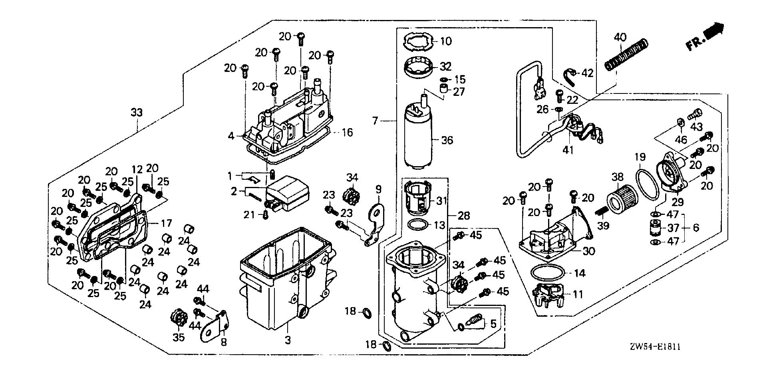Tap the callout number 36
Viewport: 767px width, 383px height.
pos(447,140)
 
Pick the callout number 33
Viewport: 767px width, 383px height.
pos(137,113)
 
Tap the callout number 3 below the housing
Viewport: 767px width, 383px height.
pos(288,340)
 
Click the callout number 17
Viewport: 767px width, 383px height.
pos(167,223)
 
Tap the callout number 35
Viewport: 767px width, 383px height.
pos(179,337)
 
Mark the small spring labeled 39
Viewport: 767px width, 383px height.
pos(601,212)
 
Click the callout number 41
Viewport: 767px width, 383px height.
pos(568,150)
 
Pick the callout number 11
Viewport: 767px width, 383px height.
pos(578,295)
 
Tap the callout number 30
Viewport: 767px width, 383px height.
pos(589,251)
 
